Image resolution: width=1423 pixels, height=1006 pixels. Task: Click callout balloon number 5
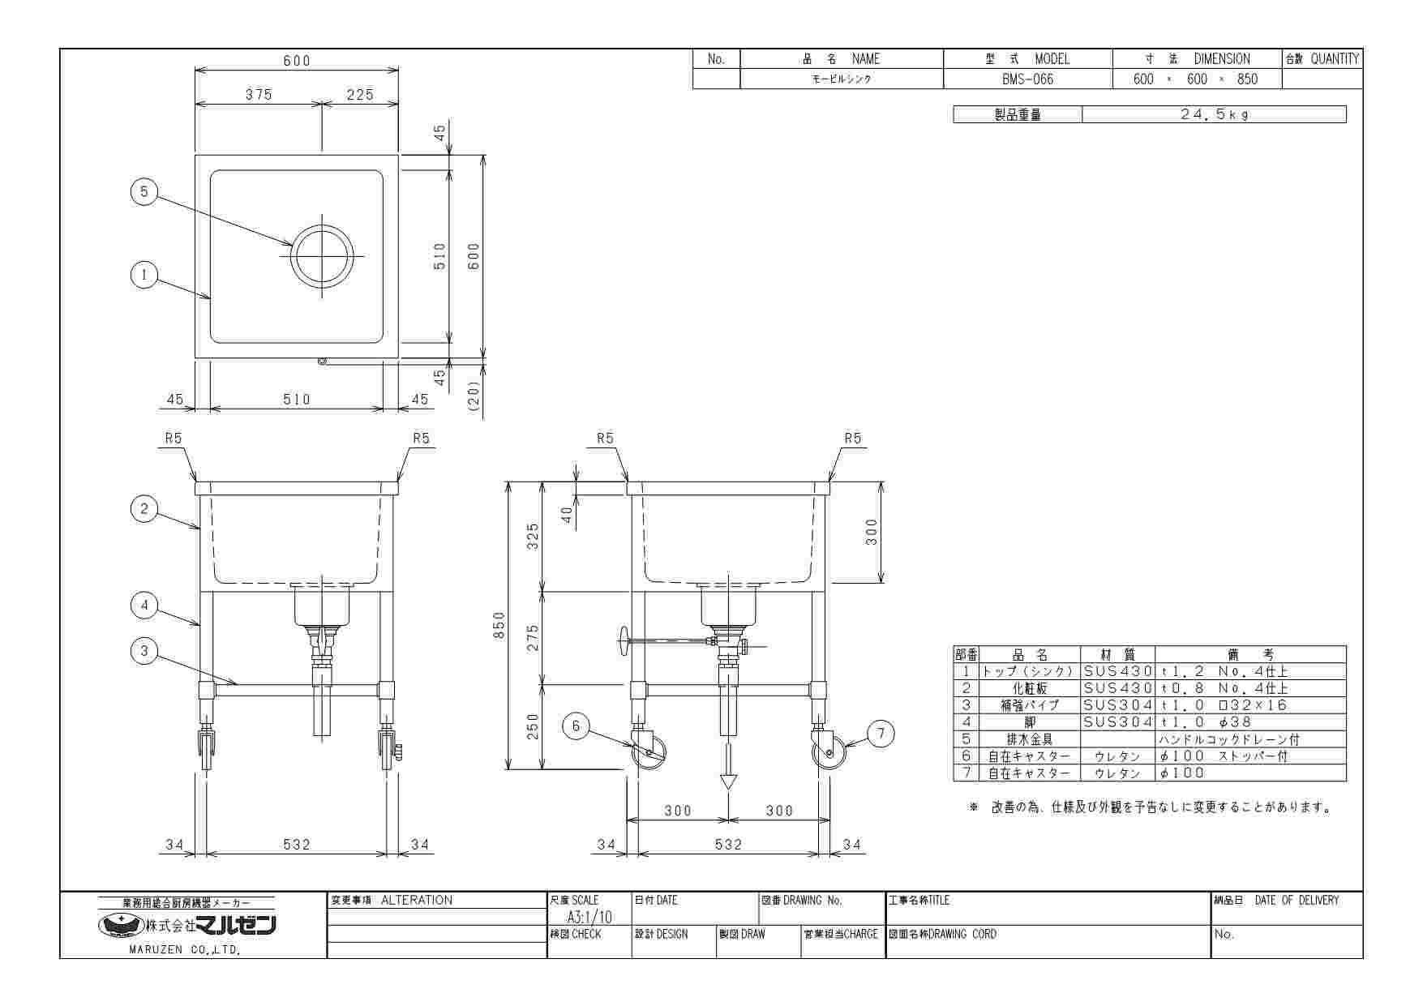point(144,192)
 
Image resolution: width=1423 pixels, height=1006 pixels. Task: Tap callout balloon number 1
point(144,275)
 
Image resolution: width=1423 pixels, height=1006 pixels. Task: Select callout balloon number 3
point(144,650)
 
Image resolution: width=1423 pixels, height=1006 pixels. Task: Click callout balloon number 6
point(576,726)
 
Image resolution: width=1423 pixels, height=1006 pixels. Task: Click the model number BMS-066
point(1027,79)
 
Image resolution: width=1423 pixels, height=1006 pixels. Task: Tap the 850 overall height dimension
point(500,626)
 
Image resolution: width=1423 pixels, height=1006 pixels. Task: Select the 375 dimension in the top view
point(259,95)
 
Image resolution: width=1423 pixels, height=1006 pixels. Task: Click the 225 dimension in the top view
point(360,95)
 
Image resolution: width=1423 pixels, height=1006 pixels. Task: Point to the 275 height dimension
point(533,637)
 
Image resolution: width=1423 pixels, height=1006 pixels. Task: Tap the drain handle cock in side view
point(624,643)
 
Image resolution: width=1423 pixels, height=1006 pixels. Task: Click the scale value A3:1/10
point(589,917)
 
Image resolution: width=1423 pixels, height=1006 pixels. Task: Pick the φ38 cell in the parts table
point(1235,722)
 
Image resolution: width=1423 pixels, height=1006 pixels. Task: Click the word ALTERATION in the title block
point(416,901)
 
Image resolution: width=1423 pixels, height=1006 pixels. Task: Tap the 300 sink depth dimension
point(872,532)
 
